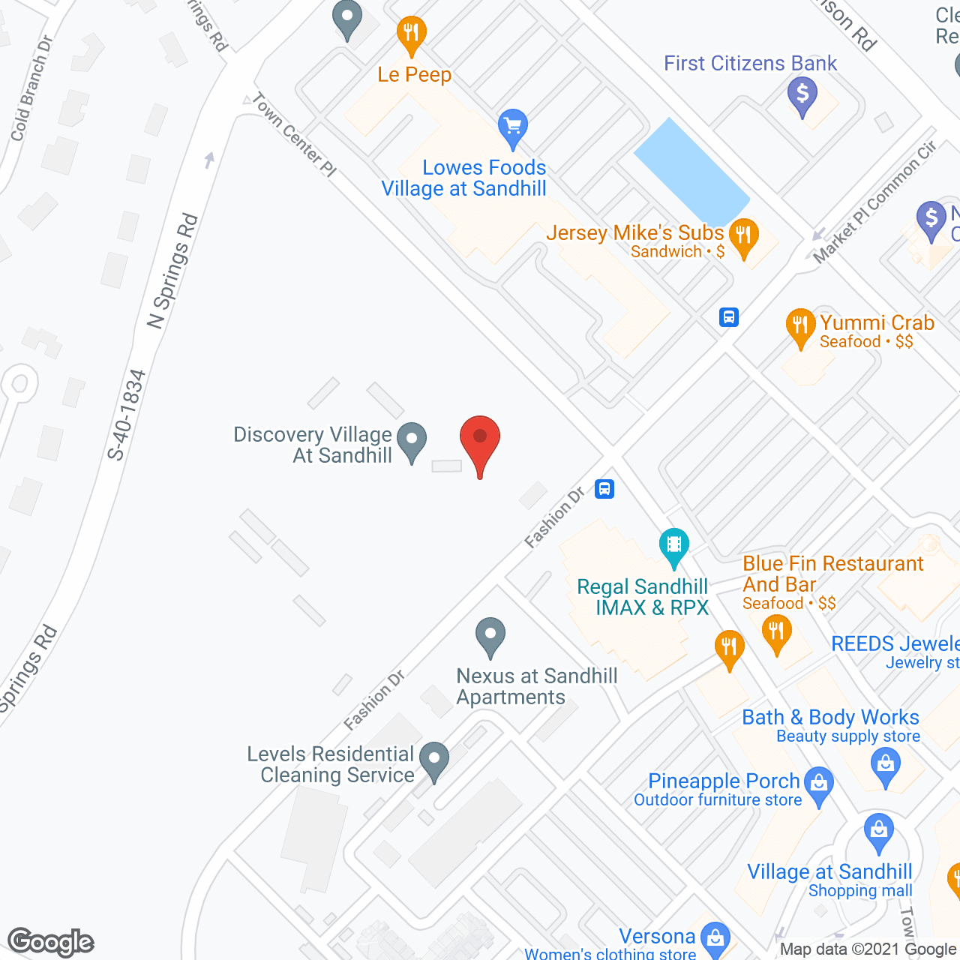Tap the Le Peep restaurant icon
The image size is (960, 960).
click(411, 33)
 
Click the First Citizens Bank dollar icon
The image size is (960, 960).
click(802, 94)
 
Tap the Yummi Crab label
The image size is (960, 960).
click(877, 322)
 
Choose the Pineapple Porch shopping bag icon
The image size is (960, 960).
click(818, 783)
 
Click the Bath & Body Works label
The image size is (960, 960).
click(830, 718)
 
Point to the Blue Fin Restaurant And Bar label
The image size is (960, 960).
click(832, 574)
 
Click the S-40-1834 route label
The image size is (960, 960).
click(126, 414)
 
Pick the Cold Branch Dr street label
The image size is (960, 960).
click(31, 88)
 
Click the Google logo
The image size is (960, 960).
click(51, 942)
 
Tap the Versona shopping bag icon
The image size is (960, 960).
click(715, 937)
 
